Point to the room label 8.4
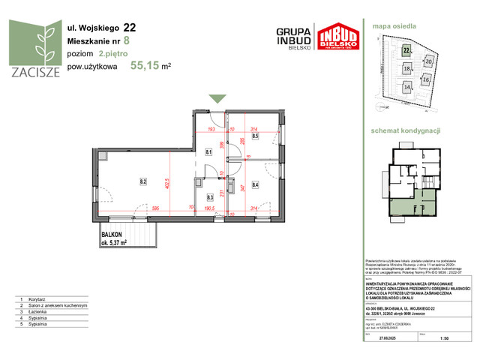255,184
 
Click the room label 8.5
255,136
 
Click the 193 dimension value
211,128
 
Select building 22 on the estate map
406,50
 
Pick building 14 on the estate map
407,87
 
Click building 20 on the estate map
429,61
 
